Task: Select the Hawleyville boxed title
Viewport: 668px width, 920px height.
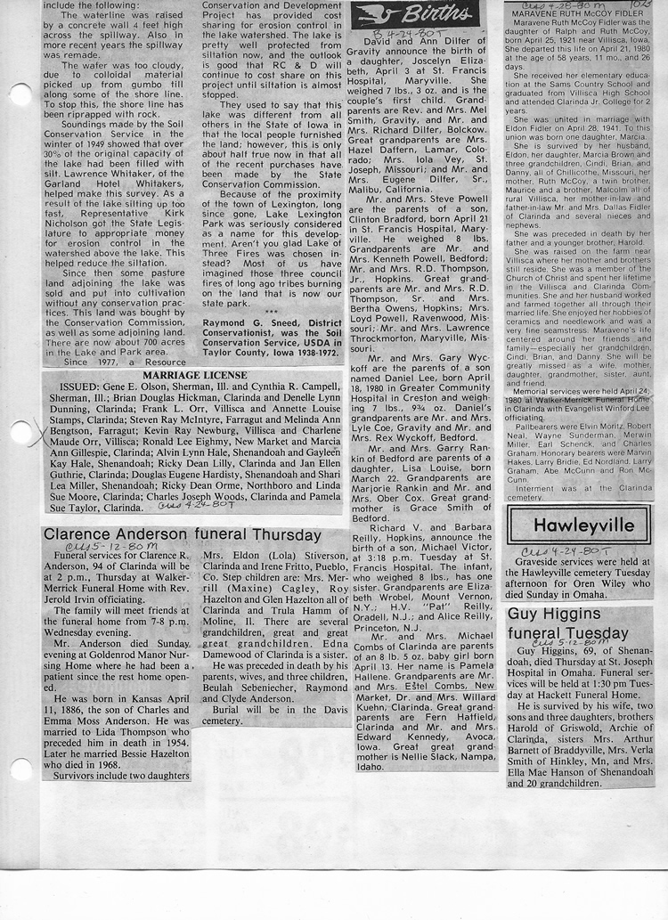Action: [x=579, y=525]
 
